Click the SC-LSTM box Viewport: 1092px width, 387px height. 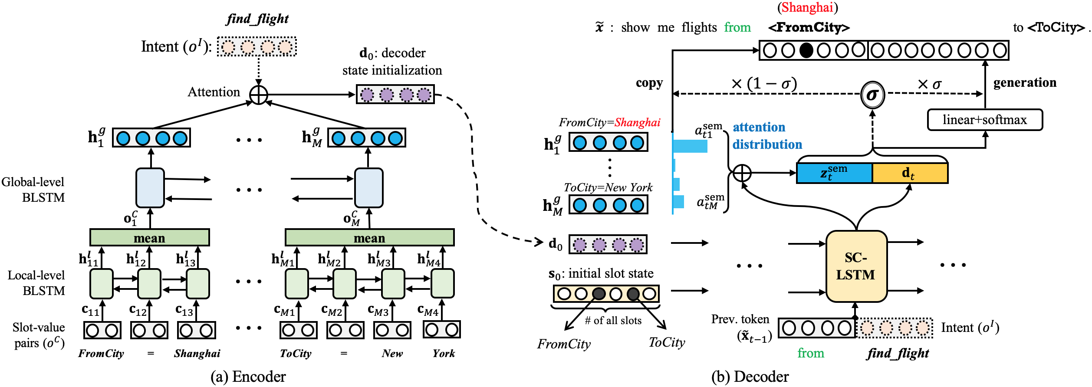[x=856, y=266]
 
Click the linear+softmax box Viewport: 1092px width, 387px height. [x=984, y=120]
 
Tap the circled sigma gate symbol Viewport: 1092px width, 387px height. [x=872, y=95]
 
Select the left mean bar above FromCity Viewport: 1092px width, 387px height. [x=149, y=238]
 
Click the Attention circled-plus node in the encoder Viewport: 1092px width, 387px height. [x=259, y=95]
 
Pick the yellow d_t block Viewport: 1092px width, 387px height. [x=909, y=173]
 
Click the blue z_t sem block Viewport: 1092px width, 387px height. [x=834, y=173]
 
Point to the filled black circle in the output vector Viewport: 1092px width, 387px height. [x=806, y=50]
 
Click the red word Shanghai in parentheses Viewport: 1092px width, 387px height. [x=807, y=7]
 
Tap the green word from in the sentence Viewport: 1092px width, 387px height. [x=737, y=27]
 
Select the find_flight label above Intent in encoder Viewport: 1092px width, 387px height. [x=257, y=19]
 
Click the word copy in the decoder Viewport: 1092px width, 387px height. [x=649, y=83]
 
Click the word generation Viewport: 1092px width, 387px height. [x=1025, y=82]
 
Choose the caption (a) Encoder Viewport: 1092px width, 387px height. [x=248, y=376]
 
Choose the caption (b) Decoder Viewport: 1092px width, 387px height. [x=750, y=376]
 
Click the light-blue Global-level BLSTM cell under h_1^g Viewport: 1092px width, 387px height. [x=150, y=188]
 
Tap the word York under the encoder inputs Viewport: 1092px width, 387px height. [x=443, y=354]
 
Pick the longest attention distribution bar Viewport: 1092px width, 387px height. [x=690, y=146]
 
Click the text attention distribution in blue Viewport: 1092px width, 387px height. [x=767, y=136]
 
